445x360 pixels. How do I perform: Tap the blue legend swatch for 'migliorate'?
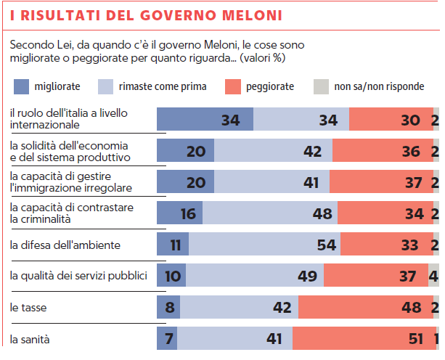(x=23, y=86)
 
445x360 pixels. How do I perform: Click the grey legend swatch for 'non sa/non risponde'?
(x=320, y=86)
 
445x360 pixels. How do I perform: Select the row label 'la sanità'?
(x=30, y=339)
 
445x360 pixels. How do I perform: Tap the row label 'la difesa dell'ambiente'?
(x=65, y=245)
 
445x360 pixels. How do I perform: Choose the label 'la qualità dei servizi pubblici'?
(x=79, y=276)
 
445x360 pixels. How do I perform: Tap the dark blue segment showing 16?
(x=179, y=213)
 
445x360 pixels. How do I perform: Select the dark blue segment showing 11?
(x=173, y=245)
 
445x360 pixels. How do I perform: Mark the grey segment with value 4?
(x=433, y=276)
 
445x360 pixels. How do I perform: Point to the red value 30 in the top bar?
(x=410, y=120)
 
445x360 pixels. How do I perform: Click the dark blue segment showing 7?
(x=168, y=339)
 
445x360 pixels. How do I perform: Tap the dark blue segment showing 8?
(x=169, y=308)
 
